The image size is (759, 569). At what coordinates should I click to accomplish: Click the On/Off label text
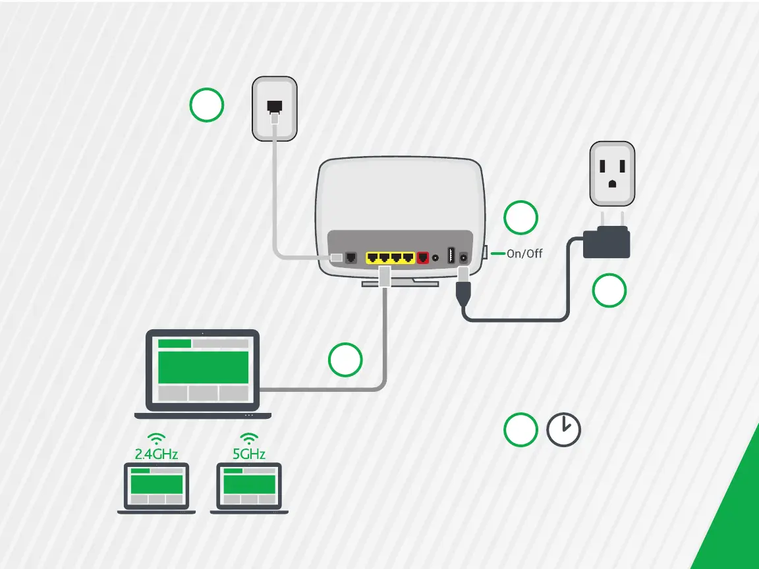[x=524, y=254]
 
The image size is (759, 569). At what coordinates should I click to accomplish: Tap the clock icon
[x=564, y=430]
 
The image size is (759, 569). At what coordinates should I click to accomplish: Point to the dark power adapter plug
[x=607, y=241]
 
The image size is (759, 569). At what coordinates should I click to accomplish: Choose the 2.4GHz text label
[x=156, y=454]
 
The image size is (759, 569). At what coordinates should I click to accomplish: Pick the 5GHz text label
[x=248, y=454]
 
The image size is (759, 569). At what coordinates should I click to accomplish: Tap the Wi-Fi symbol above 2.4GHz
[x=156, y=438]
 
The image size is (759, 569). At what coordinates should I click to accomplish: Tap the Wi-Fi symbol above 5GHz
[x=248, y=438]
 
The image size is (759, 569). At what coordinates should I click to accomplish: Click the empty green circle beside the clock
[x=520, y=430]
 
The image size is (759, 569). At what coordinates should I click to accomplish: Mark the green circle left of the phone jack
[x=206, y=105]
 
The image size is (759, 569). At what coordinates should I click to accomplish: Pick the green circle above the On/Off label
[x=520, y=218]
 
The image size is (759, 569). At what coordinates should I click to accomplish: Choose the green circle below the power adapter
[x=609, y=290]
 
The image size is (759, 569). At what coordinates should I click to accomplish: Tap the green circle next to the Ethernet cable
[x=345, y=360]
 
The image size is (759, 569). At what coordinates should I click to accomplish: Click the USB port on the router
[x=451, y=256]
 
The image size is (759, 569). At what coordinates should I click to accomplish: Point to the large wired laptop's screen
[x=203, y=369]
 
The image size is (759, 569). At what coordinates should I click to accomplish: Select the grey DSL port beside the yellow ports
[x=352, y=257]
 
